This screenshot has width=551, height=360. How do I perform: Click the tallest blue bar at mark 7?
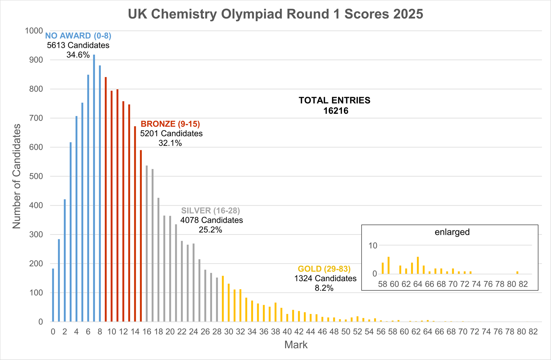(94, 187)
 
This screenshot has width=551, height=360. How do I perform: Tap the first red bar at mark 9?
(106, 199)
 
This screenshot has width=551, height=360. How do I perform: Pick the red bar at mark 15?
(141, 236)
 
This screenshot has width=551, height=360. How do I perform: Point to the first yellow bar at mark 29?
(223, 299)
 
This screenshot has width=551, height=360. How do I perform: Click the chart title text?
(275, 14)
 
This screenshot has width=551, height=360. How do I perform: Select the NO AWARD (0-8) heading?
(78, 36)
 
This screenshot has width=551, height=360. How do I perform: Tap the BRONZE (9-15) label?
(170, 124)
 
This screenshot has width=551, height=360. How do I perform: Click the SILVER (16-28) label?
(210, 211)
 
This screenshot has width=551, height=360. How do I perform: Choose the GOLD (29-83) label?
(324, 269)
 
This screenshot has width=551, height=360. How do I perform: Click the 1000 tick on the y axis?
(34, 31)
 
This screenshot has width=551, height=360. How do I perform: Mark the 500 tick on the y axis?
(36, 176)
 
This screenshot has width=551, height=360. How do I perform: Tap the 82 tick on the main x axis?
(533, 332)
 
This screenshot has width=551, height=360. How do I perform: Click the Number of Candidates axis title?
(17, 176)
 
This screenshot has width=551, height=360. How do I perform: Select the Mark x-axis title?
(296, 345)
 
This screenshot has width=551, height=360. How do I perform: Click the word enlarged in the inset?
(452, 232)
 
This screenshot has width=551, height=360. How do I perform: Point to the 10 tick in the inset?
(373, 246)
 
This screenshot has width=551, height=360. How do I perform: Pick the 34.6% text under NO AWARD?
(78, 55)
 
